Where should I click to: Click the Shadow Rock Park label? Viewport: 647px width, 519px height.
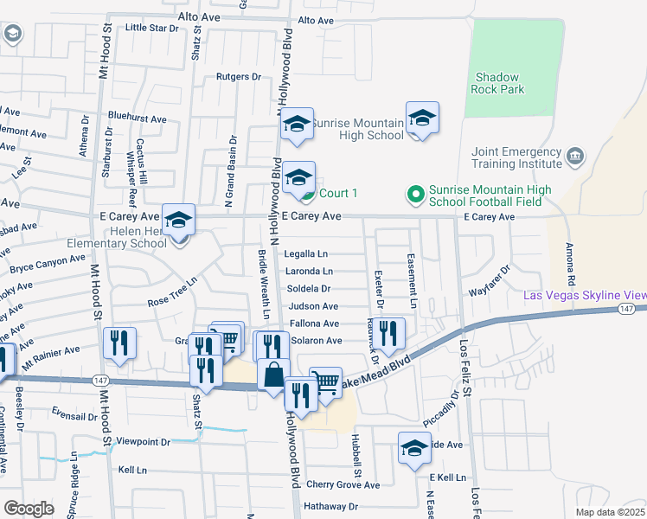tap(496, 83)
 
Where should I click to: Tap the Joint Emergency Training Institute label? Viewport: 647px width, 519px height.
tap(517, 157)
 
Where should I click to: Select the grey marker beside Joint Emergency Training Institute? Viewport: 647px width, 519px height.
tap(576, 157)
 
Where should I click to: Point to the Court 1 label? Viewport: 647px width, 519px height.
tap(338, 193)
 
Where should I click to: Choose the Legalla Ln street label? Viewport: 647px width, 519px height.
tap(306, 253)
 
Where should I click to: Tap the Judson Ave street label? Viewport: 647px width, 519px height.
tap(313, 306)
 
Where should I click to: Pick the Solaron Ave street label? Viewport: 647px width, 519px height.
tap(317, 341)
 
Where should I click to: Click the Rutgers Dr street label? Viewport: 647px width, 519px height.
tap(238, 77)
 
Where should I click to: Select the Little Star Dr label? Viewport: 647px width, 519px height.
tap(151, 28)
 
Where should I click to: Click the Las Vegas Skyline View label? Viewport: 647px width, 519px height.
tap(585, 296)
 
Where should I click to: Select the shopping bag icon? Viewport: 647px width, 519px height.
tap(273, 375)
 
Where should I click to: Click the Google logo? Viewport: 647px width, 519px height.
tap(29, 508)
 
